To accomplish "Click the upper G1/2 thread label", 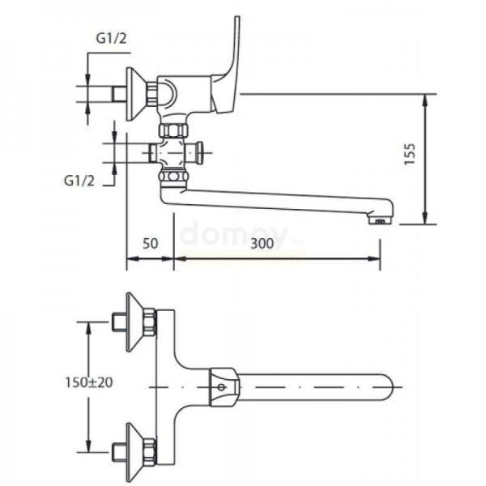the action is tap(111, 38).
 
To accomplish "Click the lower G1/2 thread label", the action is tap(79, 181).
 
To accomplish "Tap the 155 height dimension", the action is tap(410, 154).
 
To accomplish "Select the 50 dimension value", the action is tap(151, 243).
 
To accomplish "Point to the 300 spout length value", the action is tap(262, 244).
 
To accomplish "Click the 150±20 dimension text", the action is tap(89, 382).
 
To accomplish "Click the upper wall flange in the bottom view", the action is tap(135, 322).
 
